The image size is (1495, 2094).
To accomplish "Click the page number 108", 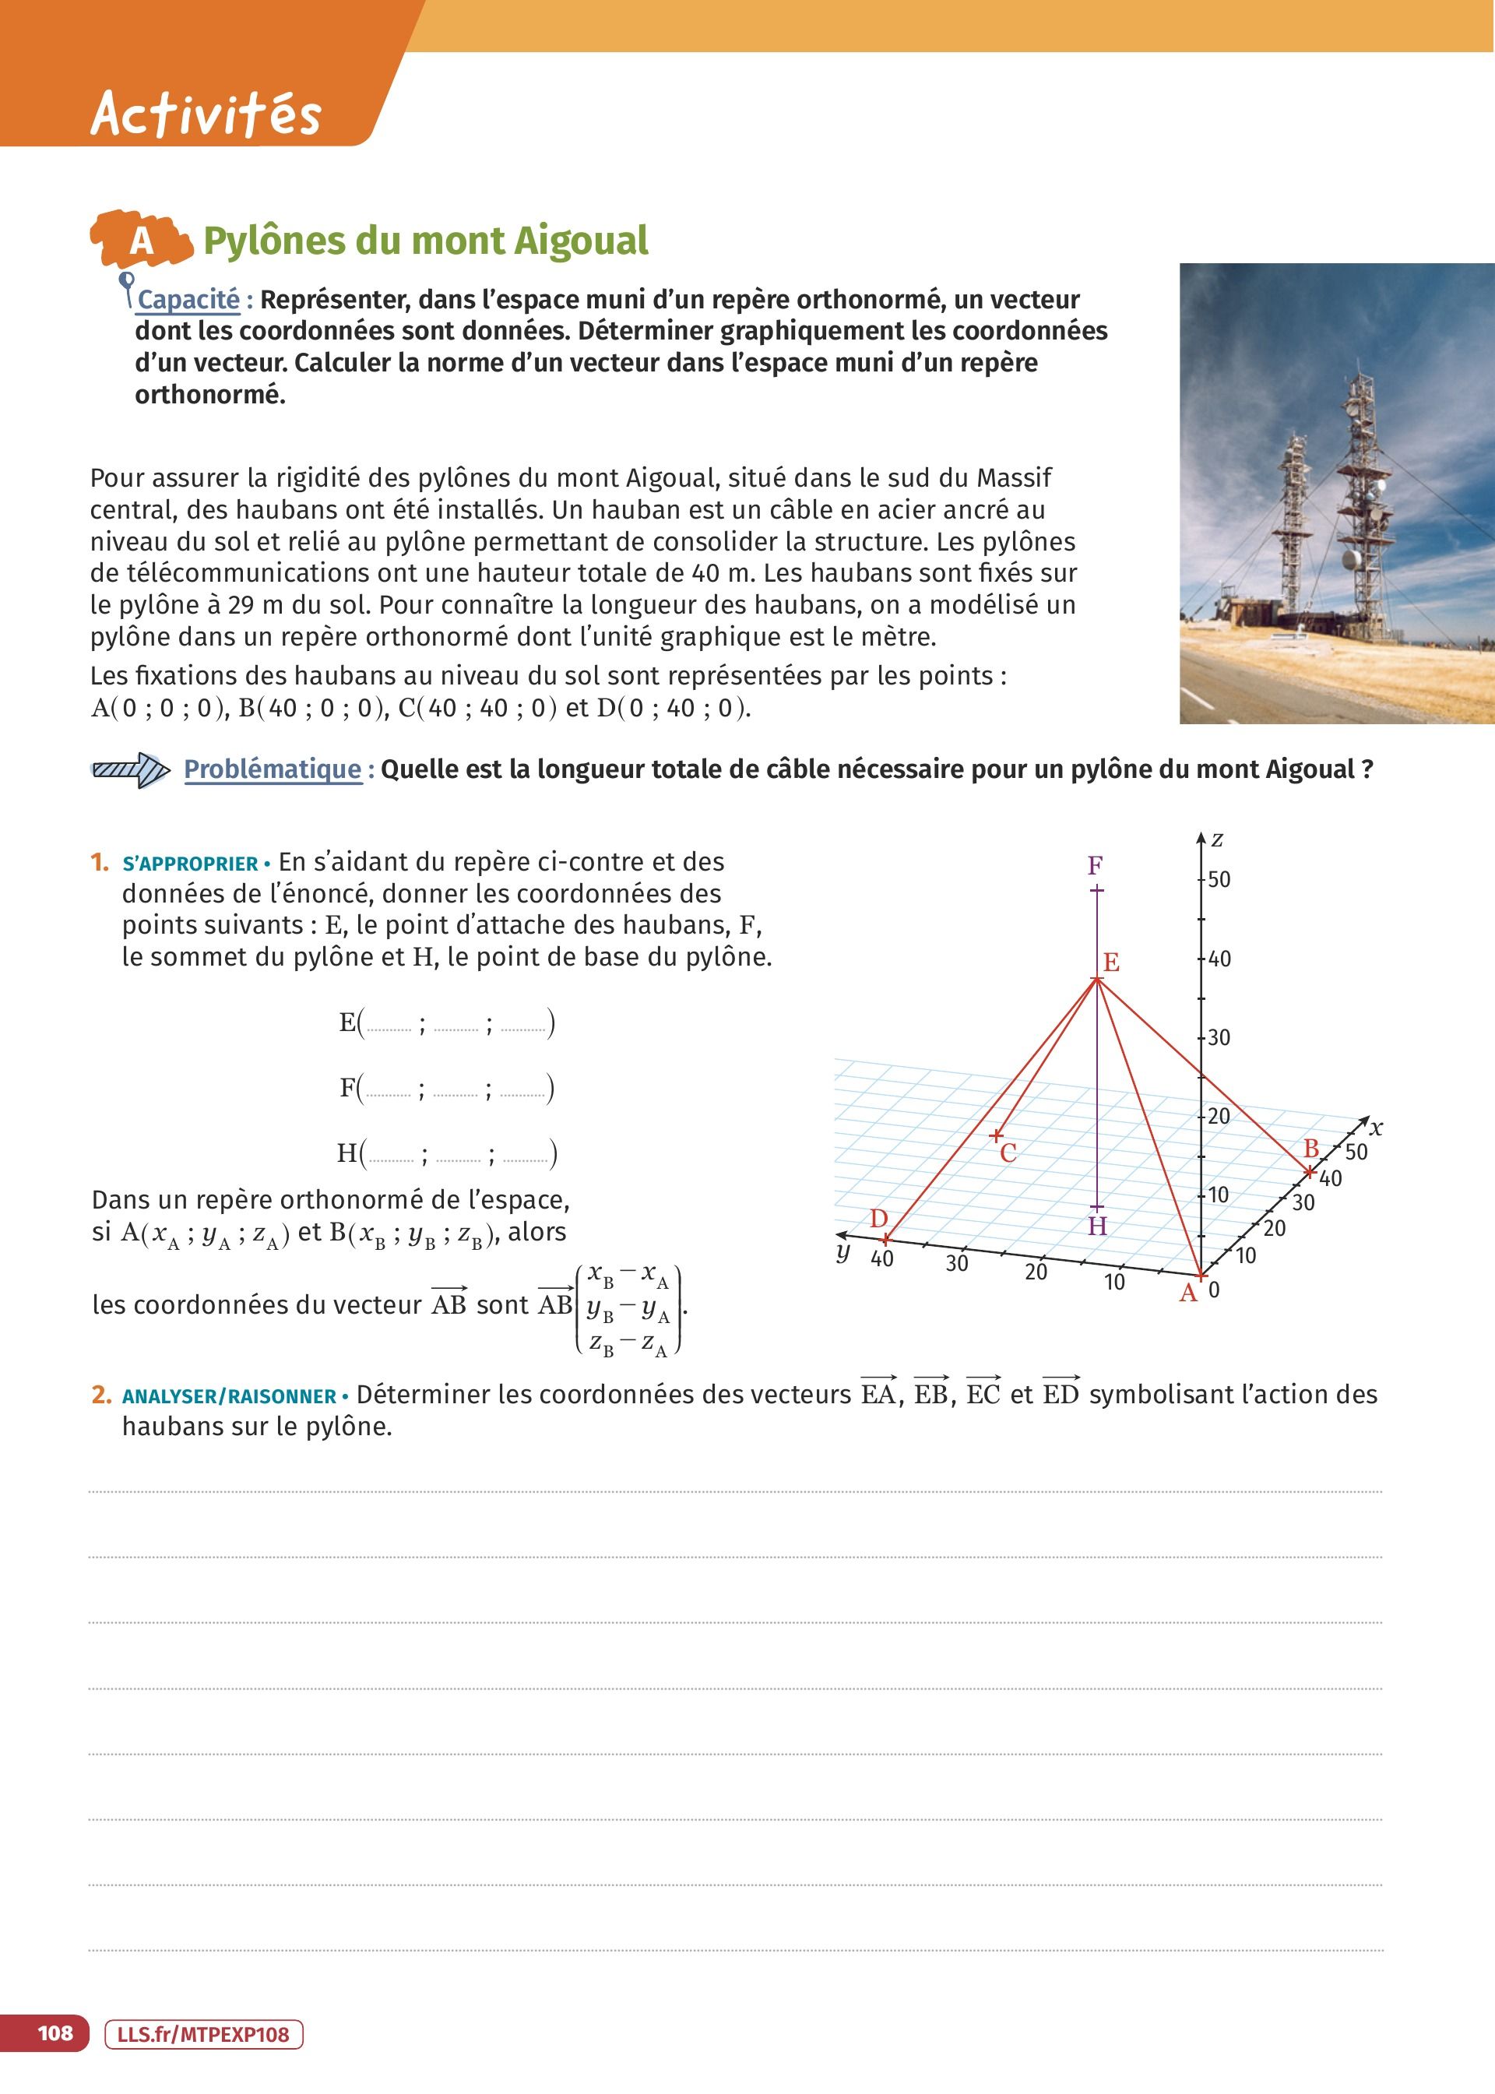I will coord(55,2032).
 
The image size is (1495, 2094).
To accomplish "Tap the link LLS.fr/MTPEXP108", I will coord(204,2034).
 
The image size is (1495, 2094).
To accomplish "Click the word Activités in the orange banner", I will coord(206,114).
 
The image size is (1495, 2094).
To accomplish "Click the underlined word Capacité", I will coord(188,300).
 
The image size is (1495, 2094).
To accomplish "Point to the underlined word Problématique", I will coord(273,769).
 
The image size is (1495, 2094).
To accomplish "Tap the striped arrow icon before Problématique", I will coord(130,769).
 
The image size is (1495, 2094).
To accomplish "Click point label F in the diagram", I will coord(1095,866).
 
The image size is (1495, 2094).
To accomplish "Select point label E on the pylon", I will coord(1111,963).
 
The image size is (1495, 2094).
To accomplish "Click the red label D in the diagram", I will coord(879,1219).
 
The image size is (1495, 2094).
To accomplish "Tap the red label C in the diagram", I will coord(1008,1153).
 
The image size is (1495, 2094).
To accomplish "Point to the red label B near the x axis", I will coord(1311,1149).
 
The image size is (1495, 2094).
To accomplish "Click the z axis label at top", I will coord(1217,839).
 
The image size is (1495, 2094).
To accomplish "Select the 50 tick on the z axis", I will coord(1219,879).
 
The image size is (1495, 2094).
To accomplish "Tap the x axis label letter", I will coord(1376,1128).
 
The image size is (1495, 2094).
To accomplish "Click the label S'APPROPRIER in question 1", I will coord(190,864).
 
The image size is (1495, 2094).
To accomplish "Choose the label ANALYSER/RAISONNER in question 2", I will coord(229,1396).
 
